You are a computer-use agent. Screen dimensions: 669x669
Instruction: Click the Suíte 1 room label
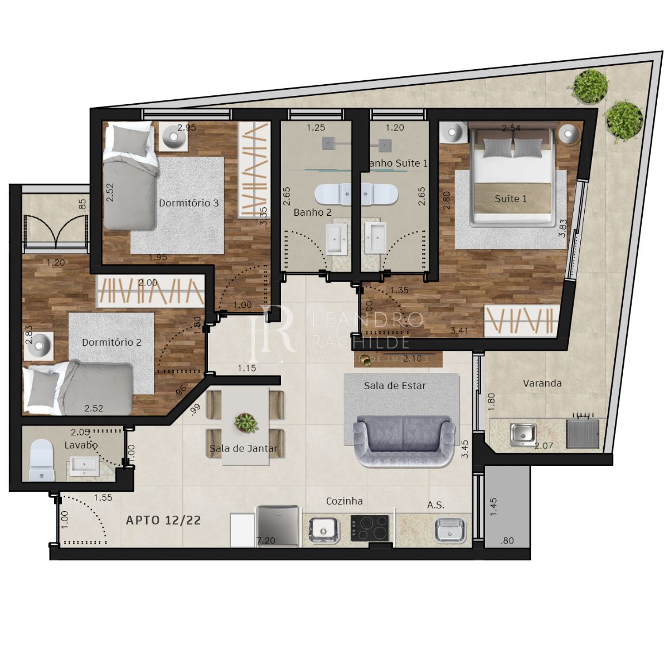(511, 198)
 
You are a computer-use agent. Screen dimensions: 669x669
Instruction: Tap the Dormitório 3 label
(188, 203)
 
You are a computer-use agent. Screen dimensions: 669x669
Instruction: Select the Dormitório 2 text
(111, 342)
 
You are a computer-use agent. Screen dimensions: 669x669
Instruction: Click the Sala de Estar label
(395, 385)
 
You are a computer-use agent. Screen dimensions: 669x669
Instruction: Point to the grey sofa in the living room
(404, 440)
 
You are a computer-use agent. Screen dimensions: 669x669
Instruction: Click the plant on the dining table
(245, 423)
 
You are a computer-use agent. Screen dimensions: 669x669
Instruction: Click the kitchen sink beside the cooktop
(323, 529)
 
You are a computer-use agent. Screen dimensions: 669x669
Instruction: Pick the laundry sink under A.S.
(449, 529)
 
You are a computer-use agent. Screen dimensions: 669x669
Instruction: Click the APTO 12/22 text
(163, 520)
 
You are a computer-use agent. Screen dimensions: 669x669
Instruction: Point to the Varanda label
(542, 383)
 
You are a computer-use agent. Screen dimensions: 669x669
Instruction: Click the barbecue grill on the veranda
(583, 432)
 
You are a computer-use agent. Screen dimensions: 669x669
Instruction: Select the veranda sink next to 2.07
(523, 434)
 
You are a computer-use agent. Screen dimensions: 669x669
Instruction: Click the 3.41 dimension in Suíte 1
(459, 331)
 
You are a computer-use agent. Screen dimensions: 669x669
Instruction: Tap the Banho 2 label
(312, 212)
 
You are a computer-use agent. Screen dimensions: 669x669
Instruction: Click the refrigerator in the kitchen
(279, 525)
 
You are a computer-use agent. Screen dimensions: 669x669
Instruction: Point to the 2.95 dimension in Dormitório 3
(187, 128)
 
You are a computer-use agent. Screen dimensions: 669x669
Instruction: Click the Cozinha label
(344, 501)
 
